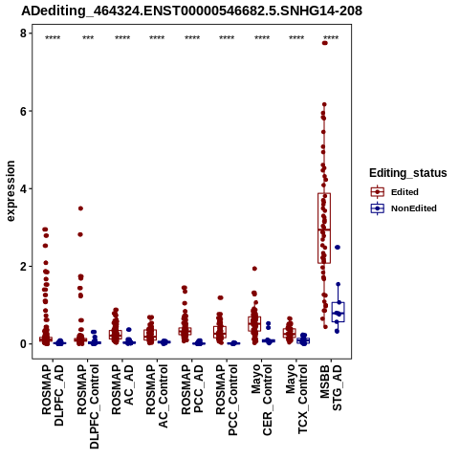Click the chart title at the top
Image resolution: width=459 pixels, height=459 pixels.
point(192,11)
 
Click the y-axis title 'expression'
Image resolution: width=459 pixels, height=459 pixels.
point(11,191)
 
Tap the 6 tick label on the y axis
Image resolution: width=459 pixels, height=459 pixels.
point(23,111)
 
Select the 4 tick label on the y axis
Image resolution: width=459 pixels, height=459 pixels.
point(23,188)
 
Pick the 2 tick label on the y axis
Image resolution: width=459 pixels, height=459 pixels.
point(23,266)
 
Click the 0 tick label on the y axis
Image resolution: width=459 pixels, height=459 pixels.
point(23,344)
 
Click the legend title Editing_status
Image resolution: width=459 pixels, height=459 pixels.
point(408,173)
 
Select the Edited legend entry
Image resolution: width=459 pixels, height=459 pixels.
point(394,192)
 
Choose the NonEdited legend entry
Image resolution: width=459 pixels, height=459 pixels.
point(404,208)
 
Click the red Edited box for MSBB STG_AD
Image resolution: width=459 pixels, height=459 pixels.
point(324,229)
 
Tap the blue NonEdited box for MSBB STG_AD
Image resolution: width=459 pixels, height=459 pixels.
point(338,312)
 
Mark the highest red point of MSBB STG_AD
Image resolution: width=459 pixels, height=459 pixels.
point(325,43)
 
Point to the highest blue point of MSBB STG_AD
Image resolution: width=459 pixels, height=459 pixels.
point(338,248)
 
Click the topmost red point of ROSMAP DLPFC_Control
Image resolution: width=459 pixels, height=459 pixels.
point(80,208)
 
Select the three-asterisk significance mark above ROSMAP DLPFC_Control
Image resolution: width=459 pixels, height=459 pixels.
point(88,38)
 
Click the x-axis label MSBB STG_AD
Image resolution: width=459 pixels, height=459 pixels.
point(331,387)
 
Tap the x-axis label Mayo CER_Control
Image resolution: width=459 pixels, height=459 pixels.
point(262,400)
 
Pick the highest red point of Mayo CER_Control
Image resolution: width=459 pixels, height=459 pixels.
point(254,269)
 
